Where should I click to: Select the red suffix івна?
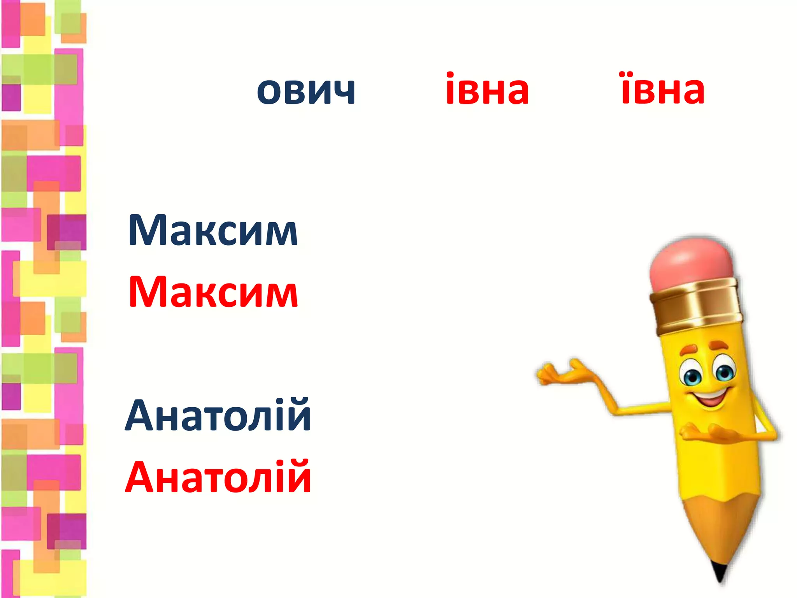[487, 89]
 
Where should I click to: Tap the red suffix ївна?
[663, 89]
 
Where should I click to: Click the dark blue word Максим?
[213, 230]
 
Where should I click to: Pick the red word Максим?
[213, 292]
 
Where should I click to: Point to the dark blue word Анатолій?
[218, 416]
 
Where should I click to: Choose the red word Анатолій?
[218, 477]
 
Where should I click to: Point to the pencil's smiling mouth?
[710, 397]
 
